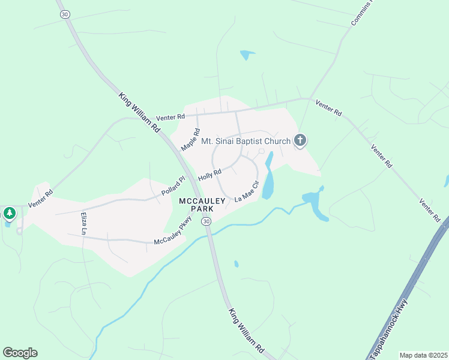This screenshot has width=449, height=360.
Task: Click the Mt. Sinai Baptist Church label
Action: [246, 142]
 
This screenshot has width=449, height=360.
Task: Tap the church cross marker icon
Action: [300, 141]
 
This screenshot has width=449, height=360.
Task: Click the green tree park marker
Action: [9, 213]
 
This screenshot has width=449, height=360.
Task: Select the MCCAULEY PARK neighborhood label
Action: [200, 205]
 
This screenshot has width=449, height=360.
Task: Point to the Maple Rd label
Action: [190, 139]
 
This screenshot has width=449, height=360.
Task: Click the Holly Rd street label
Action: [210, 174]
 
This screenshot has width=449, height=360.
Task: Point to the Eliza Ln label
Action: [84, 223]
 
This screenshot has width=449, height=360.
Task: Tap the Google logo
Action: [20, 353]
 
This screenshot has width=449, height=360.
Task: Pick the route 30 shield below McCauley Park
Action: [206, 222]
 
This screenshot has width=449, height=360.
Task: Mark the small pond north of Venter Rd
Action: [247, 56]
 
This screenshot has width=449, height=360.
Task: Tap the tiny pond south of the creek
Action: [237, 264]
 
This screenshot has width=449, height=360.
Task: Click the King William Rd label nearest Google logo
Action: [246, 330]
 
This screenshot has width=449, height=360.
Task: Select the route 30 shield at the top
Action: [65, 14]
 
